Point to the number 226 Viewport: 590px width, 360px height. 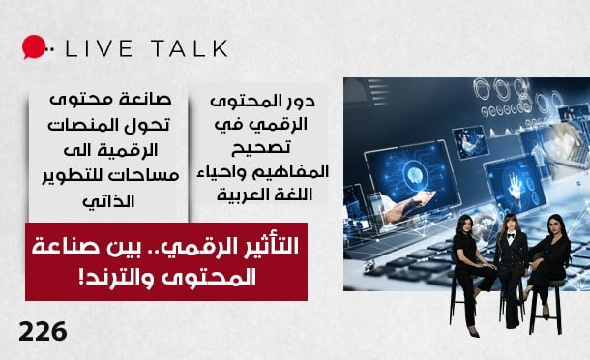tap(44, 332)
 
